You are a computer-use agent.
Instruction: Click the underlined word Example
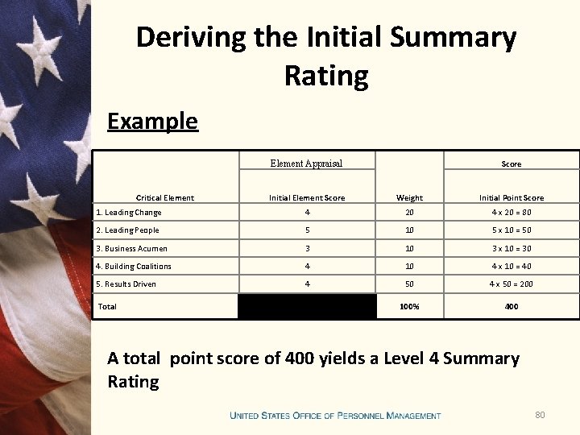click(x=152, y=121)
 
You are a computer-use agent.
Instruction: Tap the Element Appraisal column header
click(x=306, y=164)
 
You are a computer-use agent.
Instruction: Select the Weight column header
click(x=409, y=197)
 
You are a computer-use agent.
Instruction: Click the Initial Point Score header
click(x=512, y=197)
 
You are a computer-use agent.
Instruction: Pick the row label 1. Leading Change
click(x=129, y=213)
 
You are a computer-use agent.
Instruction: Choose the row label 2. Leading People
click(x=127, y=230)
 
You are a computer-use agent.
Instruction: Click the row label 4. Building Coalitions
click(x=134, y=267)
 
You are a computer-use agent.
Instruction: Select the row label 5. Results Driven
click(x=126, y=284)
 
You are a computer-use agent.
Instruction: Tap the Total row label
click(x=107, y=306)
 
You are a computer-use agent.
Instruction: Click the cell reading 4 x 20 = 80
click(x=512, y=213)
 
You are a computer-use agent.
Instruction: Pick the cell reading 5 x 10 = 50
click(x=512, y=230)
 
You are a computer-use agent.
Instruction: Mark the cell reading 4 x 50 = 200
click(x=512, y=284)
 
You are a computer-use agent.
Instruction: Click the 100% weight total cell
click(x=409, y=306)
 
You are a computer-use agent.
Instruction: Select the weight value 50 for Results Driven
click(x=409, y=284)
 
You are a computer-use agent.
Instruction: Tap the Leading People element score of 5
click(x=307, y=230)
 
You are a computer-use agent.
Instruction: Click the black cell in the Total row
click(x=307, y=306)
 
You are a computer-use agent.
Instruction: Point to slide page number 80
click(x=540, y=415)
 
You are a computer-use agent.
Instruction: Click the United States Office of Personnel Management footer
click(x=335, y=416)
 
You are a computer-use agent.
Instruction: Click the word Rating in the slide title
click(x=326, y=76)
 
